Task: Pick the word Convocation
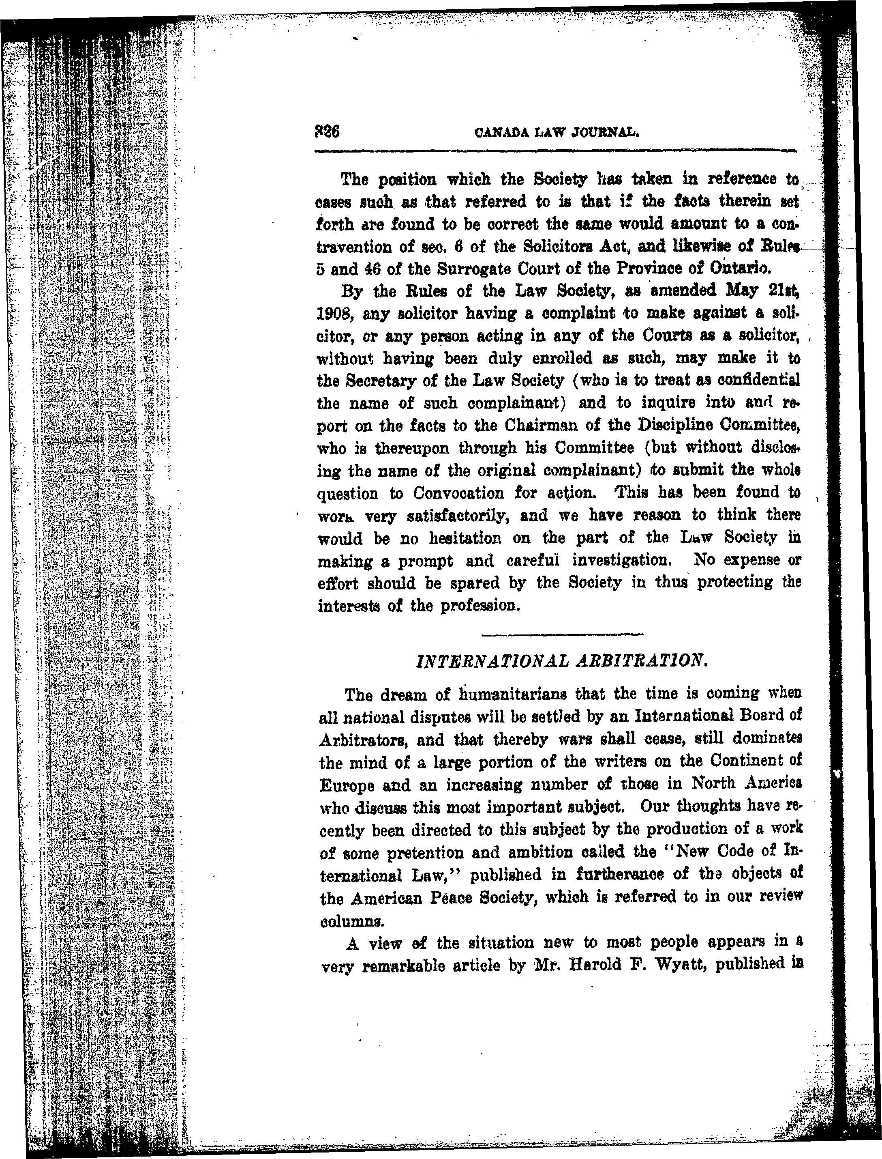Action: click(x=458, y=493)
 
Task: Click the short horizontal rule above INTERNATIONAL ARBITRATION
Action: click(x=562, y=634)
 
